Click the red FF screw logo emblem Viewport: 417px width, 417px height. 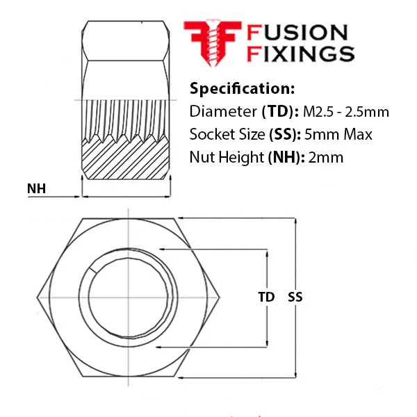point(213,43)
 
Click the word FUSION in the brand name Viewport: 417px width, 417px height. point(297,33)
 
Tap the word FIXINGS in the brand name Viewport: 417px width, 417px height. point(300,54)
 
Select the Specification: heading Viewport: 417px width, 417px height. point(242,88)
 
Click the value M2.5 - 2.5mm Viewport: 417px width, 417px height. point(346,112)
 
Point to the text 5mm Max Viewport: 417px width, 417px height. point(338,134)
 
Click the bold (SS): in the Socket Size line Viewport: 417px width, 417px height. point(285,134)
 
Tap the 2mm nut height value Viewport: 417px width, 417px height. point(326,158)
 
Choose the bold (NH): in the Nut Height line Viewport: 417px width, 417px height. point(286,158)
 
